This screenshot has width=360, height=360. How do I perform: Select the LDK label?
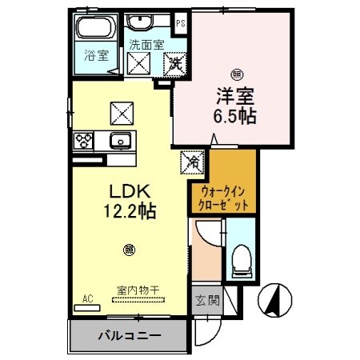pos(125,193)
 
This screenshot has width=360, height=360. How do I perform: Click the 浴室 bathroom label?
pos(94,56)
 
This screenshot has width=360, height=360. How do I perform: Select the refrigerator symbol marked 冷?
pos(192,161)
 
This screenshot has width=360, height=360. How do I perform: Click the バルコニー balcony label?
pos(130,334)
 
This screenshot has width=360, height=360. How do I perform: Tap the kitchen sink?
pos(122,142)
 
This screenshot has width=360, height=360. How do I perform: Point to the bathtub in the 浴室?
pos(95,30)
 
